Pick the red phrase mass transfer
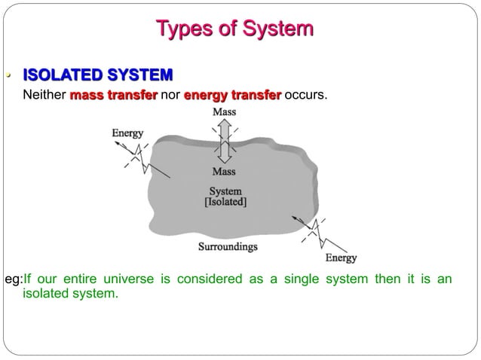(x=113, y=96)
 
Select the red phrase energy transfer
(x=232, y=96)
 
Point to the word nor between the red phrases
(x=170, y=96)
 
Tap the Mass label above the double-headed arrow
(x=224, y=112)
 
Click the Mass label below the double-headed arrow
(x=224, y=172)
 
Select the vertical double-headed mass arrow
(x=224, y=142)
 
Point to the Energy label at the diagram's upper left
(x=127, y=133)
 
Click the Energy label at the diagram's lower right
(x=341, y=258)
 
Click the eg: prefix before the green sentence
(x=14, y=280)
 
